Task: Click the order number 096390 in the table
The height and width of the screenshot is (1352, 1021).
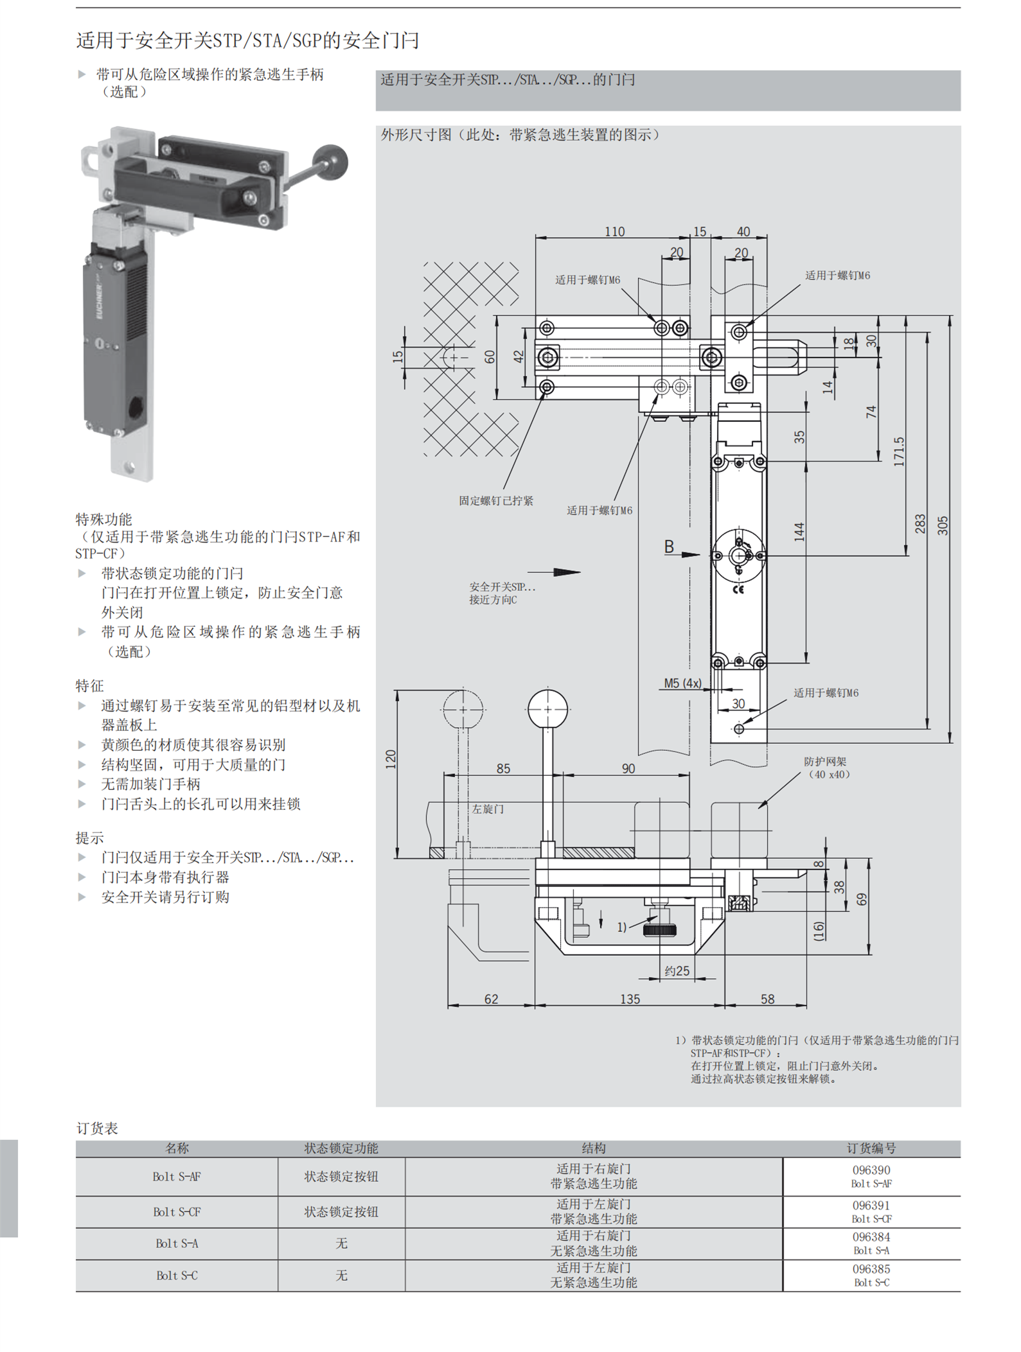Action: [x=871, y=1170]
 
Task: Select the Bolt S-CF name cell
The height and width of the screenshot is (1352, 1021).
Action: [x=177, y=1211]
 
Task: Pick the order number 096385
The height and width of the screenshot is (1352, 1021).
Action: [x=871, y=1269]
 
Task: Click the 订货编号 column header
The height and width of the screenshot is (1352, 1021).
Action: [x=871, y=1148]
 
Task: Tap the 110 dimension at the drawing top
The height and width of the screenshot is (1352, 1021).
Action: [x=614, y=231]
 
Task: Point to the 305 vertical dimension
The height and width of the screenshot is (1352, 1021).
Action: [x=943, y=525]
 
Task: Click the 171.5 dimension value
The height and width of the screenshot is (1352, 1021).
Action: [x=898, y=451]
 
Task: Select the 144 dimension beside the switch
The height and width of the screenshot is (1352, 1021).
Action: [x=799, y=532]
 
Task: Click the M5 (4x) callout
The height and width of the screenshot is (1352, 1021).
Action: [x=682, y=683]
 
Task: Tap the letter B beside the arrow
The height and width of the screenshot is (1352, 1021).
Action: [x=669, y=547]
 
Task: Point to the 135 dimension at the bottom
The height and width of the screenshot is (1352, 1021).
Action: [x=630, y=999]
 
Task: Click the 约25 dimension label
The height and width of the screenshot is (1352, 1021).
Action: [x=677, y=971]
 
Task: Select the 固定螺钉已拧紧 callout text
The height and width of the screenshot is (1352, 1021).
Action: [x=495, y=501]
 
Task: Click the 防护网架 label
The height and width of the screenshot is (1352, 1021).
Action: [x=826, y=762]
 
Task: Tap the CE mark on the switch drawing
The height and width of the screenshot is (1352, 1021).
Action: [x=738, y=590]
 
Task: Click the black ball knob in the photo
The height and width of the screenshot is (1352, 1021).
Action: [x=330, y=162]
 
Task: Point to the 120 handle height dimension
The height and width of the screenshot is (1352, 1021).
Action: [x=391, y=759]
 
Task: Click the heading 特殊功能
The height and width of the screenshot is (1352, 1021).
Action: [x=103, y=519]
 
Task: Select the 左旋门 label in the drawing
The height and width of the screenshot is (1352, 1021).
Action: [x=488, y=809]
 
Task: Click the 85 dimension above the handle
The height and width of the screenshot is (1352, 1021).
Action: [x=503, y=768]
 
